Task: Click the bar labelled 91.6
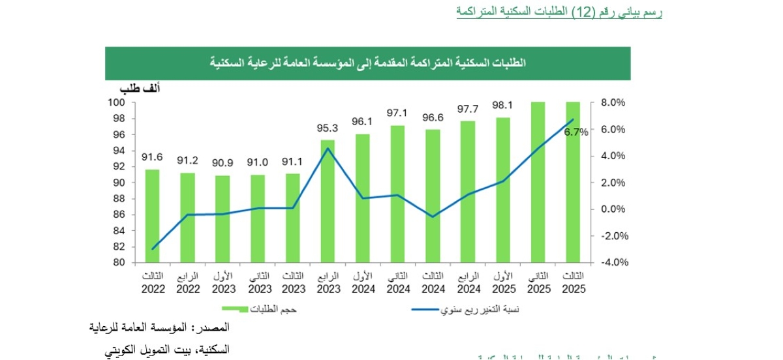pyautogui.click(x=152, y=216)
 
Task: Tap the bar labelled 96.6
pyautogui.click(x=433, y=196)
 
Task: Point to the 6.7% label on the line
pyautogui.click(x=576, y=132)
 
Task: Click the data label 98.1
pyautogui.click(x=502, y=105)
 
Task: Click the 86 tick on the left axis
pyautogui.click(x=119, y=215)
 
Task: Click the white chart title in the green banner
pyautogui.click(x=369, y=63)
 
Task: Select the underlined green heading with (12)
pyautogui.click(x=559, y=12)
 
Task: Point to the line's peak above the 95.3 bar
pyautogui.click(x=328, y=148)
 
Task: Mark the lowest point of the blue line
pyautogui.click(x=153, y=249)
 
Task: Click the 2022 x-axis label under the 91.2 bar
pyautogui.click(x=188, y=288)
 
